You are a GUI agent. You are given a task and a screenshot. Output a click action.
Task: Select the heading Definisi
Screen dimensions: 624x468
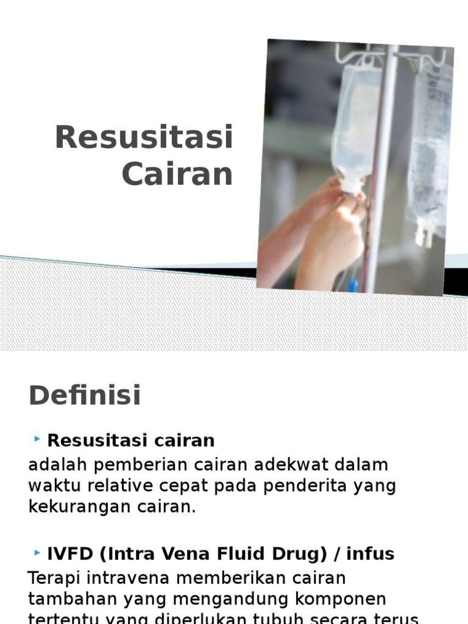pos(85,395)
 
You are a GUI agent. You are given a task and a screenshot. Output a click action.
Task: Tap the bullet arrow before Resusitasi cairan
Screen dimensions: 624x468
pos(38,439)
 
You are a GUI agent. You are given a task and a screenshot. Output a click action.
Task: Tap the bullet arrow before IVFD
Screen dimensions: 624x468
pos(38,552)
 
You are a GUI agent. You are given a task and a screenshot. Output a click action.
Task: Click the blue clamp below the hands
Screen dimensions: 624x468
pos(353,285)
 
